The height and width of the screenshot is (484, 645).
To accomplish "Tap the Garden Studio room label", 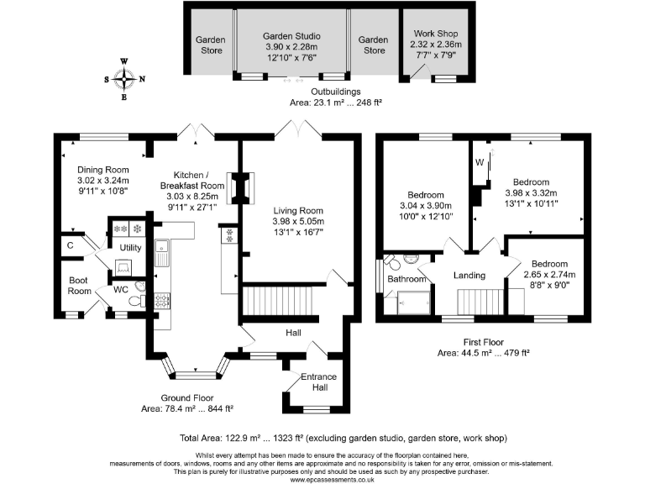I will (x=291, y=36).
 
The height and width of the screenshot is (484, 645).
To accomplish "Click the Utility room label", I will (x=130, y=248).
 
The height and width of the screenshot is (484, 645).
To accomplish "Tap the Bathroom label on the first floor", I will (x=406, y=279).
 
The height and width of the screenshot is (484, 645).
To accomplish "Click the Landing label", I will (x=469, y=276).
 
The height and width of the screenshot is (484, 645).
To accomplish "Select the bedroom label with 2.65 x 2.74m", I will (x=543, y=263).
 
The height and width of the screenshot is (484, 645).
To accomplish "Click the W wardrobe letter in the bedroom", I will (x=480, y=160).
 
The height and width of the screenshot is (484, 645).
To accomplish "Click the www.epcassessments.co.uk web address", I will (x=322, y=478).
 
